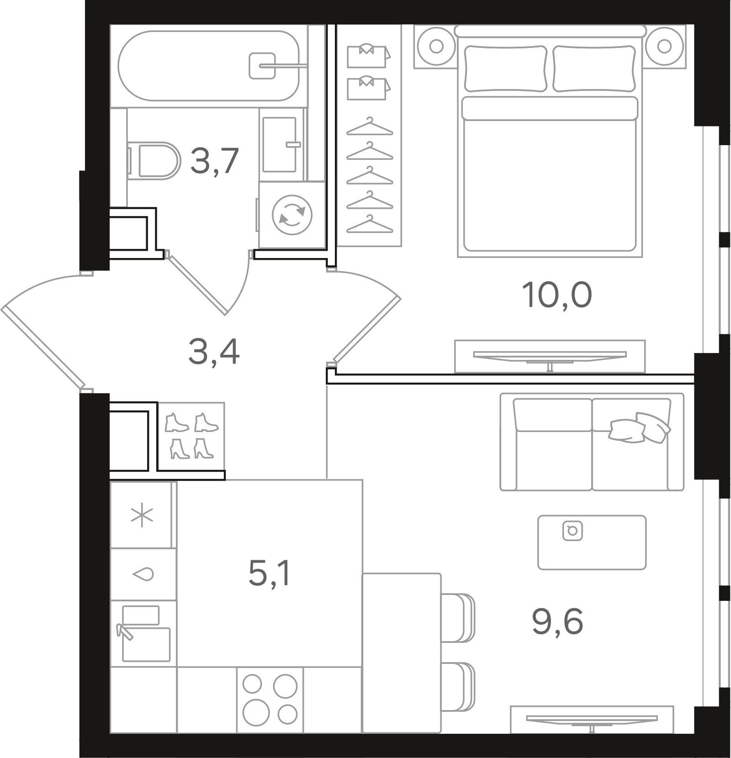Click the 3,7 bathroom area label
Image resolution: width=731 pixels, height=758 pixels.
coord(214,161)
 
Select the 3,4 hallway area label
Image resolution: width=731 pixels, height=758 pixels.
coord(214,353)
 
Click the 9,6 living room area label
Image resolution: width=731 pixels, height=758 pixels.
coord(557,622)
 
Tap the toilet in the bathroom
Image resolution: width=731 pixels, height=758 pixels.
coord(153,161)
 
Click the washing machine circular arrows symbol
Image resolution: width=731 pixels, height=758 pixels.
coord(292,215)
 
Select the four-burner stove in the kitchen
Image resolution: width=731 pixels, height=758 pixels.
coord(270,699)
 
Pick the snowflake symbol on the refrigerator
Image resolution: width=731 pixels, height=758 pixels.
coord(142,515)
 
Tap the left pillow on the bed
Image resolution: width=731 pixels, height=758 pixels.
coord(506,68)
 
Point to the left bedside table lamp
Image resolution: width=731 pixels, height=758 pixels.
coord(436,46)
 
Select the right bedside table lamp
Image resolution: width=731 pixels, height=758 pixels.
coord(665,46)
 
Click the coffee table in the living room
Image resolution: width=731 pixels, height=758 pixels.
coord(592,542)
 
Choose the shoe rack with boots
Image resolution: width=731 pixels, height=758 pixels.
coord(191,436)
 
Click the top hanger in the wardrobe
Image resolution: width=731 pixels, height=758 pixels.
coord(370,127)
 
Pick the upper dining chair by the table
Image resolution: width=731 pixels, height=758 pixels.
coord(458,618)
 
